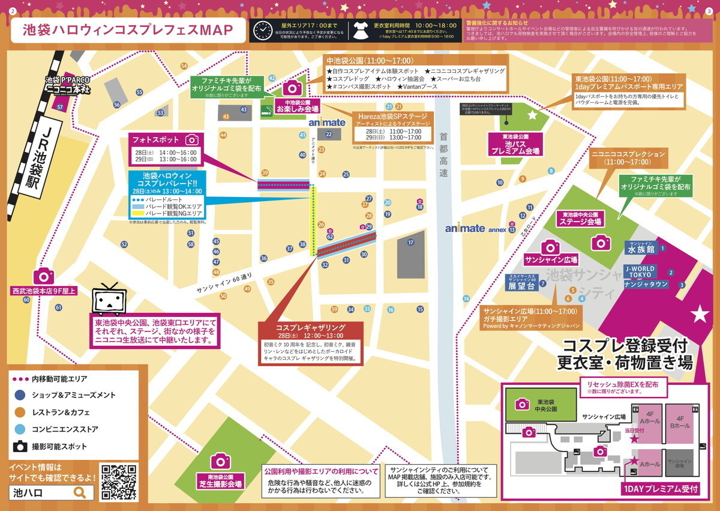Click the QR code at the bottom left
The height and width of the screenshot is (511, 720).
(x=119, y=482)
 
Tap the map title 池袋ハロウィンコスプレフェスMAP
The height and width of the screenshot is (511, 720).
(x=127, y=31)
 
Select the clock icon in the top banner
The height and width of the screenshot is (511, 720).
(x=262, y=30)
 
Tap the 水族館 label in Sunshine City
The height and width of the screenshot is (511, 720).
(x=640, y=249)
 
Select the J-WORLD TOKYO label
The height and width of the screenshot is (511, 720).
(x=640, y=271)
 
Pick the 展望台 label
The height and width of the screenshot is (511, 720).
(x=520, y=286)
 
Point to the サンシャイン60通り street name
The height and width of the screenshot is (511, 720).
(x=224, y=285)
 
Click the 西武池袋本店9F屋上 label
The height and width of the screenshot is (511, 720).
(x=44, y=291)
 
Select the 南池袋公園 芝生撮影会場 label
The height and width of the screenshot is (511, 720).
(x=220, y=480)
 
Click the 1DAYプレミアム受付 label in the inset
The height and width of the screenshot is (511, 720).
(x=660, y=489)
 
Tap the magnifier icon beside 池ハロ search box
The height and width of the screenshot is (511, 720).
(x=80, y=493)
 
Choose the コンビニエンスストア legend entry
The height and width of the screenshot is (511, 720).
(x=65, y=430)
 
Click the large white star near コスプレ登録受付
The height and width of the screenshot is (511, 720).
(x=699, y=313)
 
